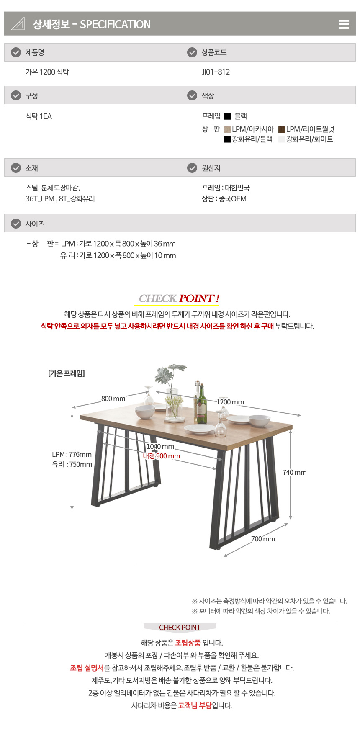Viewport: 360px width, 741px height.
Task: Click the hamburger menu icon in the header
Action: pyautogui.click(x=344, y=24)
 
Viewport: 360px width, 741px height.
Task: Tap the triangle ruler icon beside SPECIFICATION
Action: pyautogui.click(x=18, y=23)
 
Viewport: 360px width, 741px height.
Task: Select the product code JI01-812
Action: pyautogui.click(x=216, y=72)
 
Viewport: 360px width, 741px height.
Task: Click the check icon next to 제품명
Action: pyautogui.click(x=16, y=52)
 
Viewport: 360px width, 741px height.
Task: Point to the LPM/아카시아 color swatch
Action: pyautogui.click(x=228, y=129)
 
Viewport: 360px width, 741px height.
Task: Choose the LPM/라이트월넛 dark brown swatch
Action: pyautogui.click(x=282, y=129)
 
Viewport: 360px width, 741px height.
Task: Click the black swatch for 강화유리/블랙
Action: pyautogui.click(x=228, y=139)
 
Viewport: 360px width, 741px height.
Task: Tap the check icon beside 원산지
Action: pyautogui.click(x=192, y=168)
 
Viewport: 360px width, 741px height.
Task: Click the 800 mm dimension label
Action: pyautogui.click(x=113, y=399)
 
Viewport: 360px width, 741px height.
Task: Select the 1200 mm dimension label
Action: pyautogui.click(x=230, y=402)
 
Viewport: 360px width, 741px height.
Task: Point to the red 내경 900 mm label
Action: pyautogui.click(x=162, y=456)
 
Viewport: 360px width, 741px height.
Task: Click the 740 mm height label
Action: pyautogui.click(x=295, y=472)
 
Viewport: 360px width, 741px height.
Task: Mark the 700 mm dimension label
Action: pyautogui.click(x=263, y=539)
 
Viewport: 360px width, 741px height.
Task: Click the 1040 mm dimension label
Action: pyautogui.click(x=160, y=446)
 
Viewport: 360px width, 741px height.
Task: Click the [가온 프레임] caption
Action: pyautogui.click(x=67, y=373)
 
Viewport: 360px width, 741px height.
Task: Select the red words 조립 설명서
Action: pyautogui.click(x=87, y=668)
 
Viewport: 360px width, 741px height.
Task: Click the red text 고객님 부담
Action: pyautogui.click(x=195, y=705)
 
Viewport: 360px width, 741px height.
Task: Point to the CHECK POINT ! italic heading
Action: pyautogui.click(x=179, y=298)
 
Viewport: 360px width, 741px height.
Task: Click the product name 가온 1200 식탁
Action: pyautogui.click(x=47, y=72)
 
